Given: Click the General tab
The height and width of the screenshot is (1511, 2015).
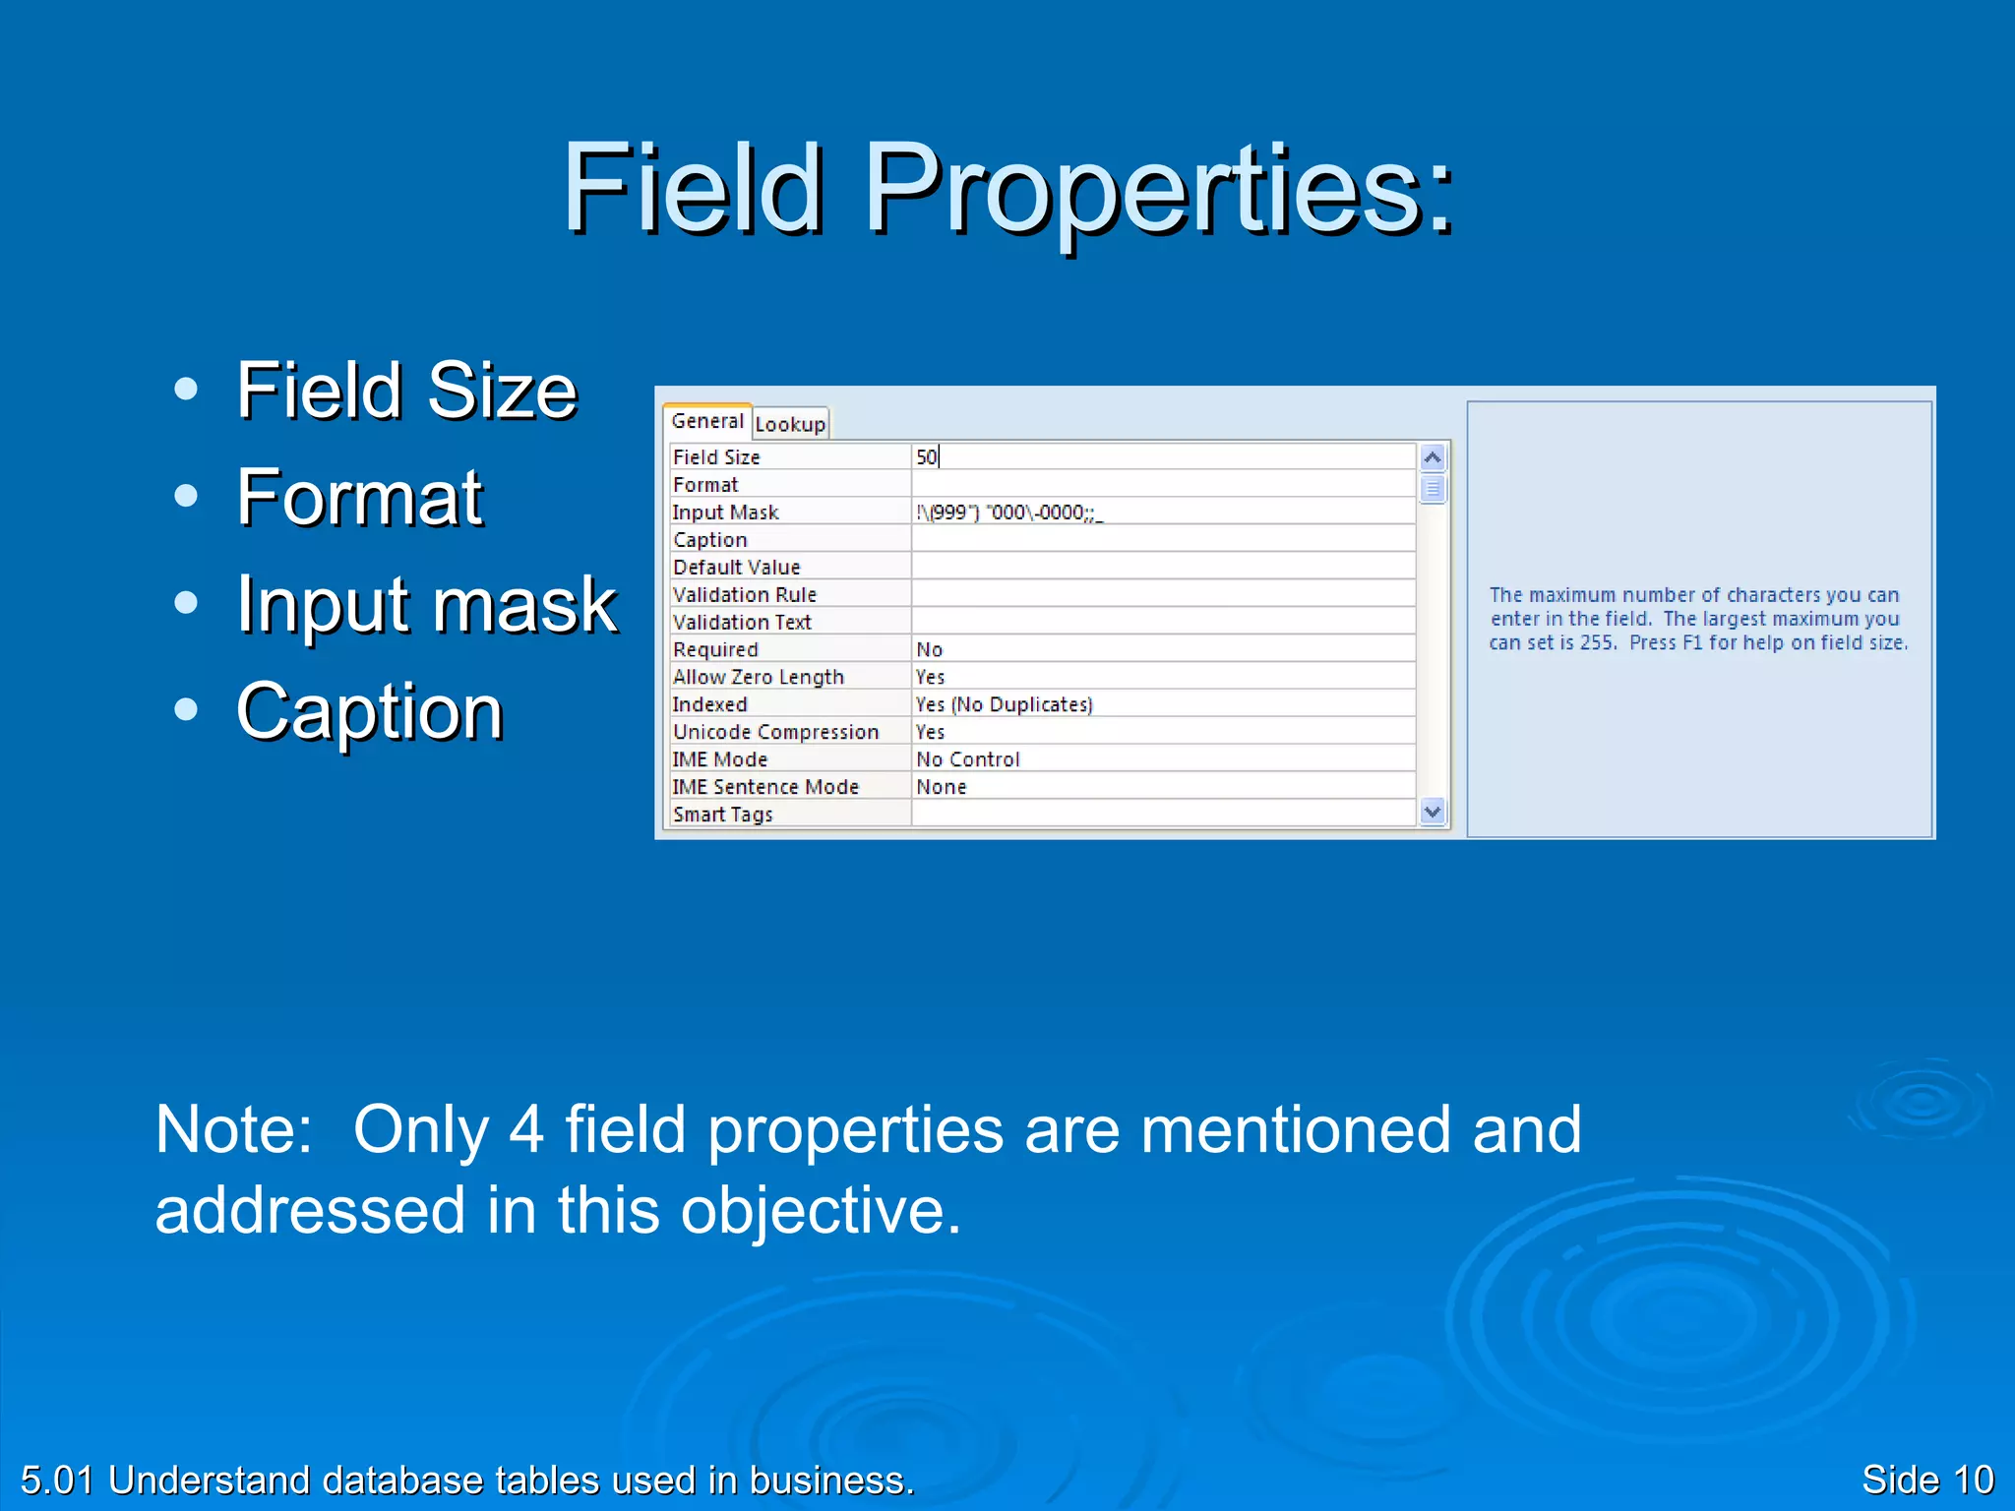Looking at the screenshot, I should point(706,421).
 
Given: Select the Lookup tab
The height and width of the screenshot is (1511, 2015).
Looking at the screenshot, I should point(790,424).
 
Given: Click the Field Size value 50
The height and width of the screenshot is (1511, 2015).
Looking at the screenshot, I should point(927,457).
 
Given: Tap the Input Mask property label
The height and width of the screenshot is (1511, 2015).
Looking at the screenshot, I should point(725,513).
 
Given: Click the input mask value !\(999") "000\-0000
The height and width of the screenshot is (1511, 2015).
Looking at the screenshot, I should point(1007,513).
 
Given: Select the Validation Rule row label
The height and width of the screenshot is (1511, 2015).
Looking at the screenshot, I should point(745,595).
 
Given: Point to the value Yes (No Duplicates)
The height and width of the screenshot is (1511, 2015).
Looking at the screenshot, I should point(1004,704).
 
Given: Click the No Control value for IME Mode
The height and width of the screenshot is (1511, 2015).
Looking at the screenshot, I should point(968,759).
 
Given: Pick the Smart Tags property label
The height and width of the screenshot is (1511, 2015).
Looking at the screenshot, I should point(723,815).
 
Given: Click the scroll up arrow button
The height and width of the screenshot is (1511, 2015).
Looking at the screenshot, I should point(1433,457).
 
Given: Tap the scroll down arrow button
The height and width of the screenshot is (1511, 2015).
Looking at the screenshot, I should point(1433,812).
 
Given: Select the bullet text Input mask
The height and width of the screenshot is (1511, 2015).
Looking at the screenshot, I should point(426,604).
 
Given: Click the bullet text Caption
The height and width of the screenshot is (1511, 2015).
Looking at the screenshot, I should point(370,711).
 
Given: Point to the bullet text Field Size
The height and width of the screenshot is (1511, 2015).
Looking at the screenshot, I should point(406,391).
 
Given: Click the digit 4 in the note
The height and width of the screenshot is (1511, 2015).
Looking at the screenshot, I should point(526,1129).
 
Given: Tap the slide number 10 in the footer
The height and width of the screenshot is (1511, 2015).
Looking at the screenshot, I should point(1973,1480).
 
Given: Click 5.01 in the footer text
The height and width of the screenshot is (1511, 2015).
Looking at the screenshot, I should point(57,1480).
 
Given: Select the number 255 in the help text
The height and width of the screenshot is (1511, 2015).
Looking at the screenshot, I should point(1597,643).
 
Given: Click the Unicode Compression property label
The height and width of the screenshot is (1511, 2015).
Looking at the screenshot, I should point(775,732).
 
